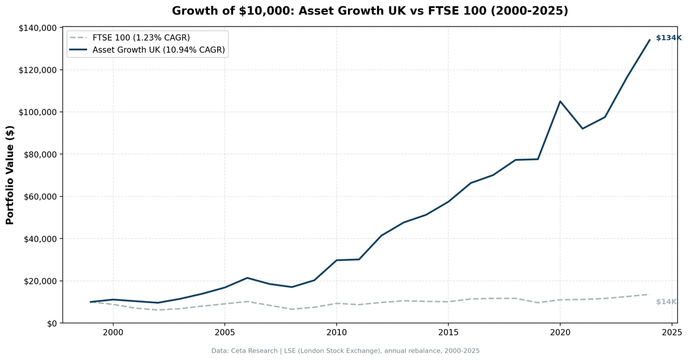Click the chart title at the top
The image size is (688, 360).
[x=370, y=11]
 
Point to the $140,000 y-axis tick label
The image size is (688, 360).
[x=37, y=28]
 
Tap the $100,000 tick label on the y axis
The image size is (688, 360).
[x=37, y=112]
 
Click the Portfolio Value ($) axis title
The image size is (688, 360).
[x=10, y=175]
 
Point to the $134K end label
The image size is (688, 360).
[x=669, y=38]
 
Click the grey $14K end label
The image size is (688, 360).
[x=666, y=302]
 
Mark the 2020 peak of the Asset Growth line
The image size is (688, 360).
[x=560, y=101]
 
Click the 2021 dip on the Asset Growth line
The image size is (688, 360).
[x=583, y=128]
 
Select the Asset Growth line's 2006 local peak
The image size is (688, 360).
[x=247, y=278]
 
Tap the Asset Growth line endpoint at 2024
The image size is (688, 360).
[x=650, y=40]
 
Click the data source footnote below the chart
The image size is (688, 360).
[x=345, y=350]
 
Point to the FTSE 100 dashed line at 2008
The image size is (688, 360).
[x=292, y=310]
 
